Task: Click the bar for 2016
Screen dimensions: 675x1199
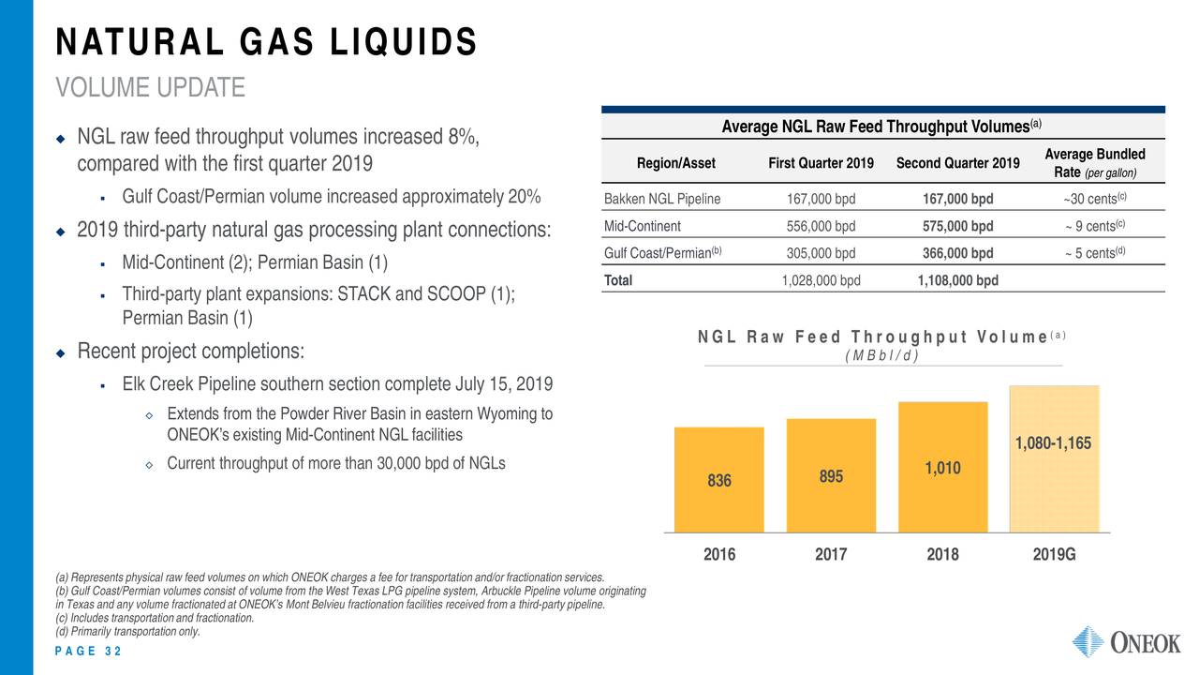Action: pyautogui.click(x=718, y=480)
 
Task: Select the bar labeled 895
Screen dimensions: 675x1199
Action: pyautogui.click(x=831, y=475)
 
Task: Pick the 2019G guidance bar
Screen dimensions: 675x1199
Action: pyautogui.click(x=1054, y=459)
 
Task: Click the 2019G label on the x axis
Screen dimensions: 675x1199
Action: pyautogui.click(x=1054, y=554)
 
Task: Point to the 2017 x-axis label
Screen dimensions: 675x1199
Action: pyautogui.click(x=831, y=554)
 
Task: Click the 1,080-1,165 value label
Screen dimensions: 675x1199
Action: pyautogui.click(x=1054, y=443)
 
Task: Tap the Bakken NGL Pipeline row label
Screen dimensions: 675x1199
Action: pyautogui.click(x=662, y=199)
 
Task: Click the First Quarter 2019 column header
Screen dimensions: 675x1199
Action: pyautogui.click(x=821, y=163)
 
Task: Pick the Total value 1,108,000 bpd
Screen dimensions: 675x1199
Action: pyautogui.click(x=957, y=280)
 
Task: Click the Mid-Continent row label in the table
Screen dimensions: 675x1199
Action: pyautogui.click(x=643, y=226)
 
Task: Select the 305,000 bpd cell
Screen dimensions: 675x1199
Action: pyautogui.click(x=821, y=252)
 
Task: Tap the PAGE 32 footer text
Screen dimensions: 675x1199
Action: pyautogui.click(x=88, y=652)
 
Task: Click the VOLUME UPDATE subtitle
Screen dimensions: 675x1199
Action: pyautogui.click(x=150, y=88)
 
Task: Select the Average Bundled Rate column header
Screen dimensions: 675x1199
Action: pyautogui.click(x=1093, y=163)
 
